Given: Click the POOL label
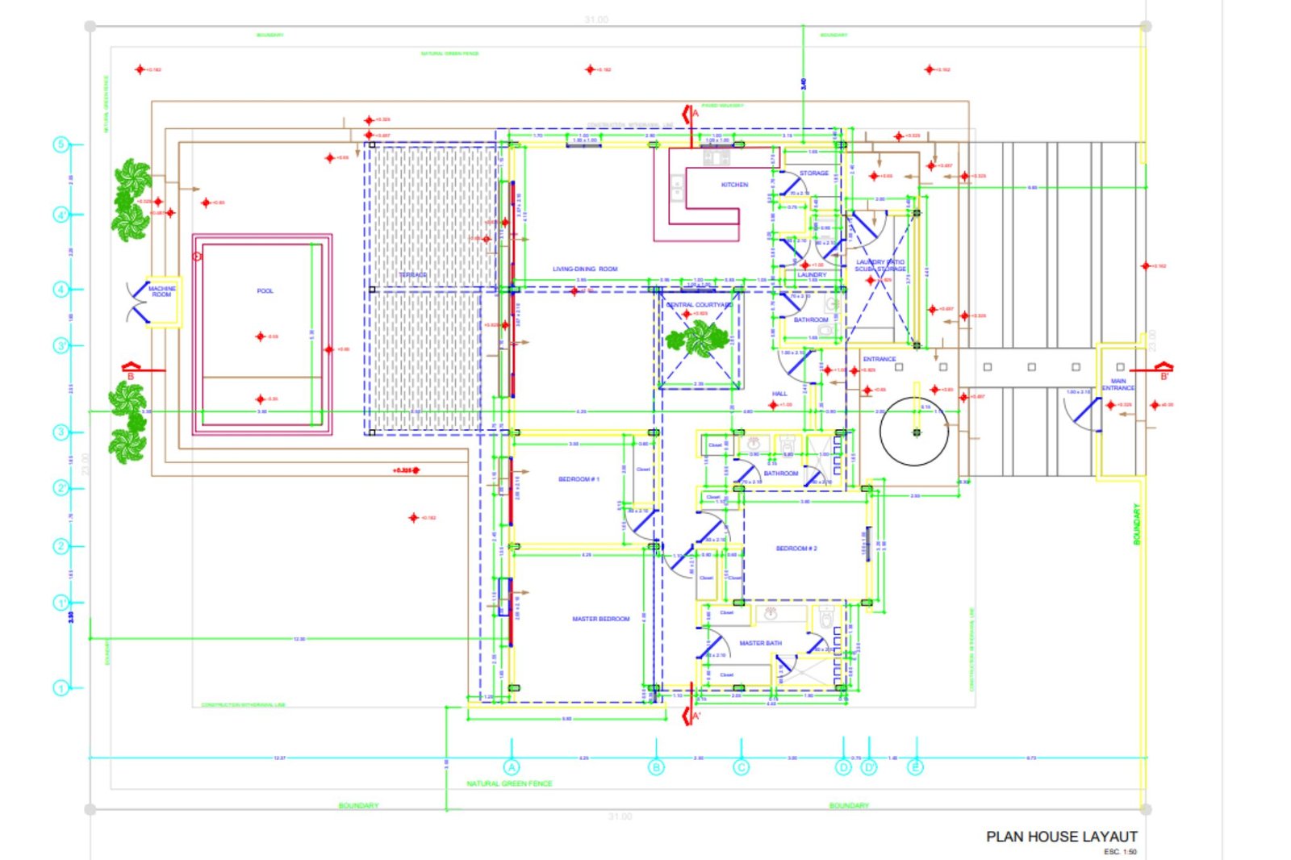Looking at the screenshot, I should coord(265,290).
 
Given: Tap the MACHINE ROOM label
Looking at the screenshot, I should coord(161,291).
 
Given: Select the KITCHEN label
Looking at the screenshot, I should coord(734,185).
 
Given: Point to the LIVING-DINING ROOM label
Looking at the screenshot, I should coord(585,269).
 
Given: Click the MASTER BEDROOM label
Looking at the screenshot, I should coord(600,619).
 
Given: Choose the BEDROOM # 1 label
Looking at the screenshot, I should coord(579,479).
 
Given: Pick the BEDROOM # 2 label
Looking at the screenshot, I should coord(796,549).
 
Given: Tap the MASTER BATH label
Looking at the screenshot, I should coord(760,643).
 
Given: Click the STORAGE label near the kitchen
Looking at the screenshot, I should coord(813,173).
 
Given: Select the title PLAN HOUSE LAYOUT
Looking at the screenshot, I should coord(1061,837).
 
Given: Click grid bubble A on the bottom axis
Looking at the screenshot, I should coord(512,767).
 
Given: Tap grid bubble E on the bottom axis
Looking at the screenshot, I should coord(915,766).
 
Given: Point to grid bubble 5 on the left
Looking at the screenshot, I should coord(61,144).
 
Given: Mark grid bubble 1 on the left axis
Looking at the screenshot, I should coord(61,688).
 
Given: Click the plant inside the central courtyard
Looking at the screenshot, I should coord(699,339).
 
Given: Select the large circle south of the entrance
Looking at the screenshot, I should coord(914,432).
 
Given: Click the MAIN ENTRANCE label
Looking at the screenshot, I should coord(1118,385).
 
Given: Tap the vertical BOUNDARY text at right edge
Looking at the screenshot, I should coord(1137,524).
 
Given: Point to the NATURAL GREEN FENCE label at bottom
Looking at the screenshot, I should coord(509,783).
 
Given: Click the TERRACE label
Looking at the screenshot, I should coord(412,275).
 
